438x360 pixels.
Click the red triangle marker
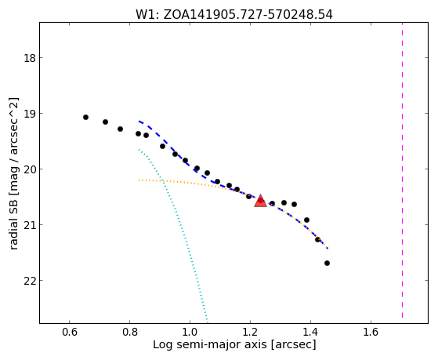(x=260, y=201)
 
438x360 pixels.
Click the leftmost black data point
(x=85, y=117)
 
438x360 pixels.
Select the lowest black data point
(x=327, y=264)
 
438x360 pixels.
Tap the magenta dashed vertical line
(x=402, y=170)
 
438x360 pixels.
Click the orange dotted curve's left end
(x=139, y=180)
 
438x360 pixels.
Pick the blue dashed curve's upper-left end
(x=139, y=121)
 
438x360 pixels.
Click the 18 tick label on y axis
(x=30, y=58)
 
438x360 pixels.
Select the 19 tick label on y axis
(x=30, y=114)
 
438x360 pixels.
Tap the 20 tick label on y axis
(x=30, y=169)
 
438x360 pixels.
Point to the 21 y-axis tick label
(x=30, y=225)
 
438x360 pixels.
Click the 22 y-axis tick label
(x=30, y=281)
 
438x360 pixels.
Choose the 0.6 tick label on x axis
(x=69, y=332)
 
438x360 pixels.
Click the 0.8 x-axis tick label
(x=129, y=332)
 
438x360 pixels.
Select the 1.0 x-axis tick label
(x=190, y=332)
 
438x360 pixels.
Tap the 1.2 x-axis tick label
(x=250, y=332)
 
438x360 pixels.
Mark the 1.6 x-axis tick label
(x=371, y=332)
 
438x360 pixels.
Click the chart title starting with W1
(x=234, y=15)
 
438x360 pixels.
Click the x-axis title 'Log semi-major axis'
(x=210, y=344)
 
